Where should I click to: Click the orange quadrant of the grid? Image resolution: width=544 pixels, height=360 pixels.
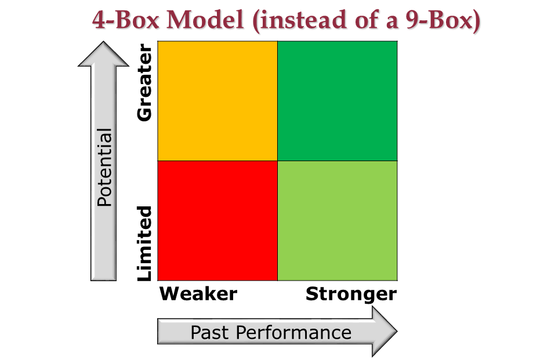217,101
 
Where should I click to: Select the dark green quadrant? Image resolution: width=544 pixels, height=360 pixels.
337,101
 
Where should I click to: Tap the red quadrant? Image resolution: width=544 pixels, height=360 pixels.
217,220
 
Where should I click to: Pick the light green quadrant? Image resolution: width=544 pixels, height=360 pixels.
337,220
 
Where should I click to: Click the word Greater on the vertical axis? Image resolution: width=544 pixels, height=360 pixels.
144,82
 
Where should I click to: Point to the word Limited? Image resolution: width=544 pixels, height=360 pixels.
144,243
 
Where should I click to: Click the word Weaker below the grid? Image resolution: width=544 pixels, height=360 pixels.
198,294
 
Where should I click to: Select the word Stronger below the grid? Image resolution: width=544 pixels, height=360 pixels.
351,294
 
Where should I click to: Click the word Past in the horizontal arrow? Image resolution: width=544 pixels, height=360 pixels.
210,332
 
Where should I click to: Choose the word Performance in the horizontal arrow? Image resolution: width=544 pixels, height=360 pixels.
293,332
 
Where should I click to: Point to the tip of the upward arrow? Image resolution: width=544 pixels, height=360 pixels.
103,41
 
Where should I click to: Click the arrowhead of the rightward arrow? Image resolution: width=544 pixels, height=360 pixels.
385,331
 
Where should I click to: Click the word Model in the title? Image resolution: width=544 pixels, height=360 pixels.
205,20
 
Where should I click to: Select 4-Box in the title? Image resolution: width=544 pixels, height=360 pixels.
126,20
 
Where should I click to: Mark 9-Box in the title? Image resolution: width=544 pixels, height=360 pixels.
439,20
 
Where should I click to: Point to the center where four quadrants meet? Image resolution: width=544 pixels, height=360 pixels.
278,161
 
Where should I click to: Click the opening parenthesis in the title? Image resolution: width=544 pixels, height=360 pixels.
256,21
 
